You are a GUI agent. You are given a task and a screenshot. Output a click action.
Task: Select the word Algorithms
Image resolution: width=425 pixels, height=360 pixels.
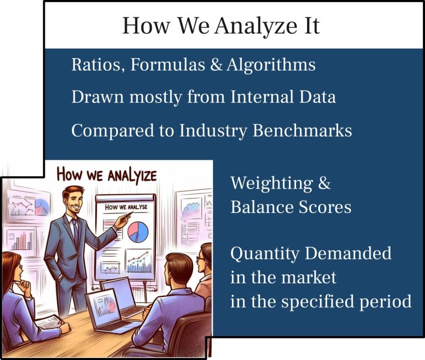click(271, 65)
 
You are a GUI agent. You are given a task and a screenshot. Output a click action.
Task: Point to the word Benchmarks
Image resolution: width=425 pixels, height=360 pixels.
click(303, 131)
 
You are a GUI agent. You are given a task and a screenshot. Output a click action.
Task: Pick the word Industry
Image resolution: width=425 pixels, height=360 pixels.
click(213, 131)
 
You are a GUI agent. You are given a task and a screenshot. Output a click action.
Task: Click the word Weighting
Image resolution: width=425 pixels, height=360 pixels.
click(272, 184)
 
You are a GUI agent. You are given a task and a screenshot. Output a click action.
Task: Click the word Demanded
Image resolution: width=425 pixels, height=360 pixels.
click(348, 253)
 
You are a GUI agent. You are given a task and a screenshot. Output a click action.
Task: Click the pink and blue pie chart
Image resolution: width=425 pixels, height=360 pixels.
click(138, 232)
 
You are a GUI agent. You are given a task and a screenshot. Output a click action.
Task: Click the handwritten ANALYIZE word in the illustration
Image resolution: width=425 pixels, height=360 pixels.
click(132, 176)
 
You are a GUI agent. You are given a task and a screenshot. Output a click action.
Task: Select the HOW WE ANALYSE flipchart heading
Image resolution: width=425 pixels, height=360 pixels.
click(126, 207)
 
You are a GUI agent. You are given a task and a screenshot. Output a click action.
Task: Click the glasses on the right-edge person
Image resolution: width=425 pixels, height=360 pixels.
click(200, 259)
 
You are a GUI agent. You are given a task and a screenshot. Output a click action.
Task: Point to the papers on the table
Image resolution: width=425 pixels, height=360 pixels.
click(48, 322)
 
